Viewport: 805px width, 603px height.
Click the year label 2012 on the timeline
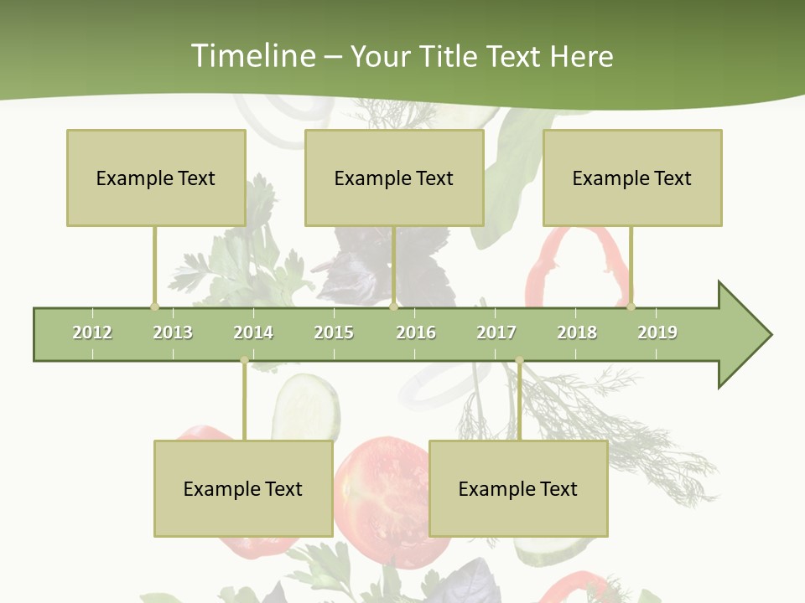pyautogui.click(x=92, y=332)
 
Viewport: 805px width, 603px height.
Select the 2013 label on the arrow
pyautogui.click(x=173, y=332)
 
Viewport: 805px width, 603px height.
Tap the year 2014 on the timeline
pyautogui.click(x=253, y=332)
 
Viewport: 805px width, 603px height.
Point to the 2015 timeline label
pyautogui.click(x=334, y=332)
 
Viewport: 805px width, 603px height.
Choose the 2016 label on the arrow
pyautogui.click(x=416, y=332)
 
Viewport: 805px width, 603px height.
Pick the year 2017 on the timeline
pyautogui.click(x=496, y=332)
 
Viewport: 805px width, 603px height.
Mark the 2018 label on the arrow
pyautogui.click(x=577, y=332)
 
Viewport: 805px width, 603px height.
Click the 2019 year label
pyautogui.click(x=657, y=332)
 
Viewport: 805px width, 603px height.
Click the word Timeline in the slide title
pyautogui.click(x=252, y=56)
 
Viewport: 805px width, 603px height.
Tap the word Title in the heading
pyautogui.click(x=451, y=56)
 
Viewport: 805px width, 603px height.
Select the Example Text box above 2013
pyautogui.click(x=156, y=178)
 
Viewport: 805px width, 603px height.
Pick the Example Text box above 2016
pyautogui.click(x=394, y=178)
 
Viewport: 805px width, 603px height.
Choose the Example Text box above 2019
pyautogui.click(x=632, y=178)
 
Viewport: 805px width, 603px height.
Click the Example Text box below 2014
pyautogui.click(x=243, y=488)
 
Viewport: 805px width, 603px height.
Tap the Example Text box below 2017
pyautogui.click(x=518, y=488)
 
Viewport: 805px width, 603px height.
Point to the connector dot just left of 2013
pyautogui.click(x=154, y=307)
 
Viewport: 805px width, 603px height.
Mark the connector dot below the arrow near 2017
pyautogui.click(x=519, y=361)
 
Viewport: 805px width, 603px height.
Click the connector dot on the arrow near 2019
pyautogui.click(x=631, y=307)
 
